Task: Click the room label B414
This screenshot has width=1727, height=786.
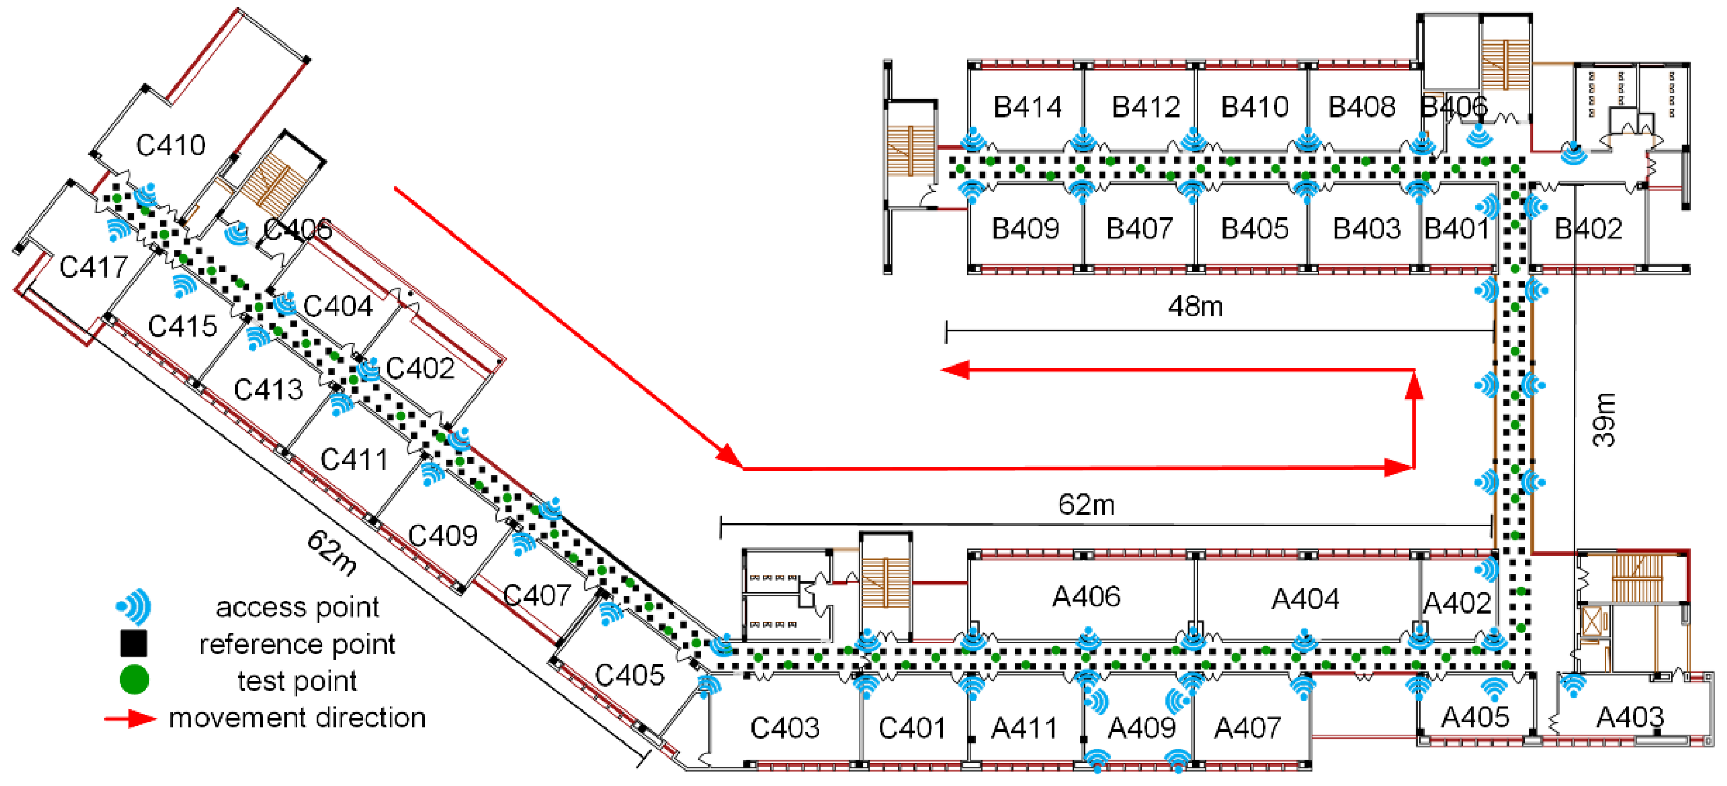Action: [x=1027, y=107]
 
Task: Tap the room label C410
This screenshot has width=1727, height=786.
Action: [x=170, y=145]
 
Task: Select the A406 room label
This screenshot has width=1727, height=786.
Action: [x=1086, y=596]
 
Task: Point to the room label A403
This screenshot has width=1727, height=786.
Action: [x=1630, y=718]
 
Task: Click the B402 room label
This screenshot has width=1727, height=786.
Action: [x=1588, y=229]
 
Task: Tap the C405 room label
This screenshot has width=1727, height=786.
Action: [x=629, y=675]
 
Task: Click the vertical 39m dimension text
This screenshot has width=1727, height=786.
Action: [x=1605, y=420]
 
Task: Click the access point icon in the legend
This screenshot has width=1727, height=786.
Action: [x=134, y=607]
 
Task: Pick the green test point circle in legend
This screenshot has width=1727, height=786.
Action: [x=134, y=680]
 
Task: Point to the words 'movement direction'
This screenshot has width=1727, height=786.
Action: [x=297, y=718]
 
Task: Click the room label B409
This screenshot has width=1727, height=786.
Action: [x=1025, y=229]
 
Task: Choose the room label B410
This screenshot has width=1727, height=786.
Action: [x=1254, y=107]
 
